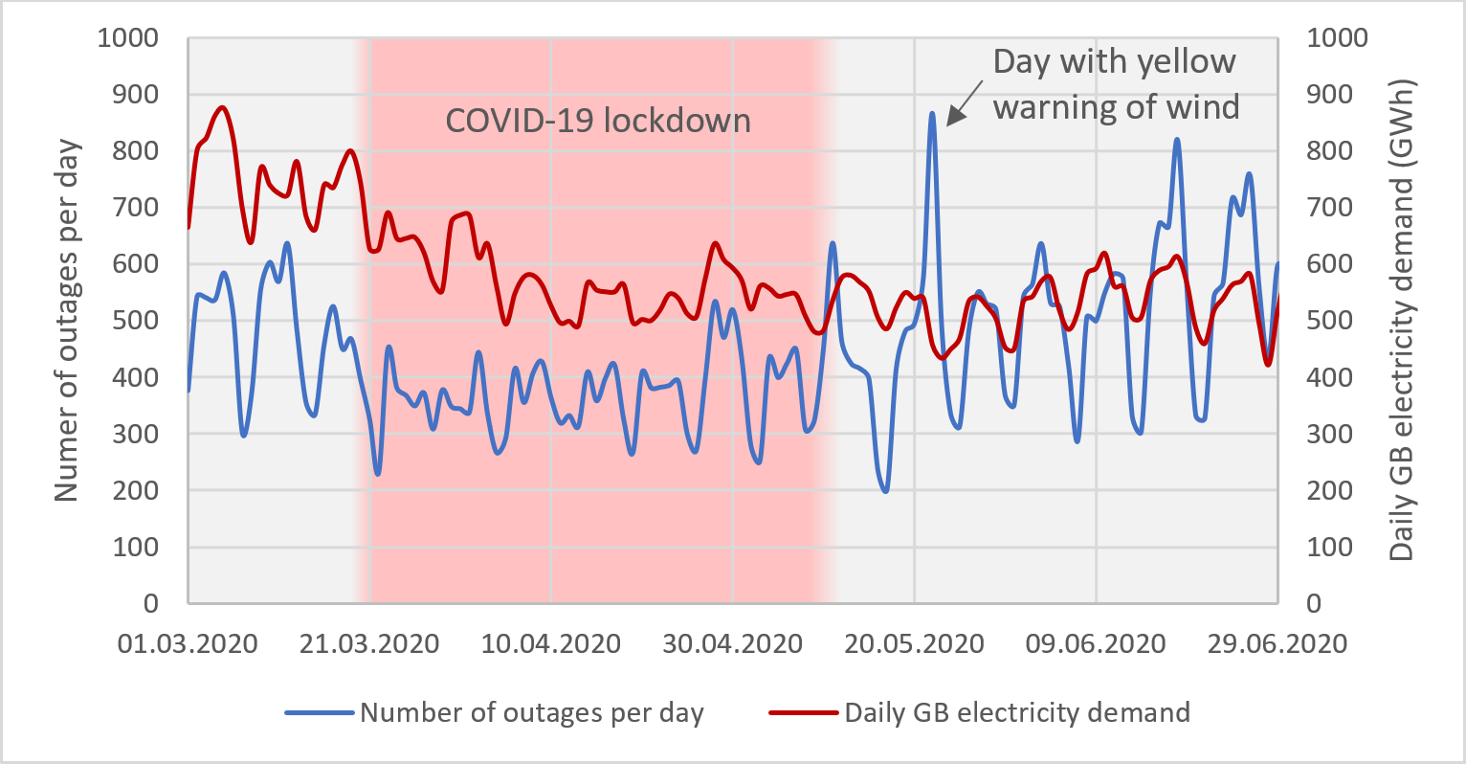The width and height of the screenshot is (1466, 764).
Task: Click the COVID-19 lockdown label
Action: (x=598, y=121)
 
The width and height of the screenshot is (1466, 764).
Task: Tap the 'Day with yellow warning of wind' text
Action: (x=1116, y=84)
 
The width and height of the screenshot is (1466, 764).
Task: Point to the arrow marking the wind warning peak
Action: (x=965, y=102)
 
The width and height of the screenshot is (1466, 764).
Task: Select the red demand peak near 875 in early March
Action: (x=222, y=107)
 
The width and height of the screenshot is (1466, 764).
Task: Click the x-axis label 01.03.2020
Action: (x=188, y=643)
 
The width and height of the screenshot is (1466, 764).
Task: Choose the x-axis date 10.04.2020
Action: (x=550, y=643)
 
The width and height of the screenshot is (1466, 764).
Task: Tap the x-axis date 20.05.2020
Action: (x=914, y=643)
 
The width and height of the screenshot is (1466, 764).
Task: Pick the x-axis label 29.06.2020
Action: (x=1277, y=643)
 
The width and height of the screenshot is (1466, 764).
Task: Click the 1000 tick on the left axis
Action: (x=127, y=38)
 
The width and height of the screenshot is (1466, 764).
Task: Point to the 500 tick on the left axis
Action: (x=137, y=321)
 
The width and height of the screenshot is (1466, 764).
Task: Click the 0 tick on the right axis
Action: (x=1314, y=603)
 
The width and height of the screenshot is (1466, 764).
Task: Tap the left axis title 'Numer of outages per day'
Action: (x=65, y=321)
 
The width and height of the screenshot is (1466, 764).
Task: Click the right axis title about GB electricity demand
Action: (x=1402, y=321)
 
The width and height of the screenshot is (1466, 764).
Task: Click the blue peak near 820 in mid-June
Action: (x=1176, y=140)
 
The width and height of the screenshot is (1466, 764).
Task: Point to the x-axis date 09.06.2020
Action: (x=1096, y=643)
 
